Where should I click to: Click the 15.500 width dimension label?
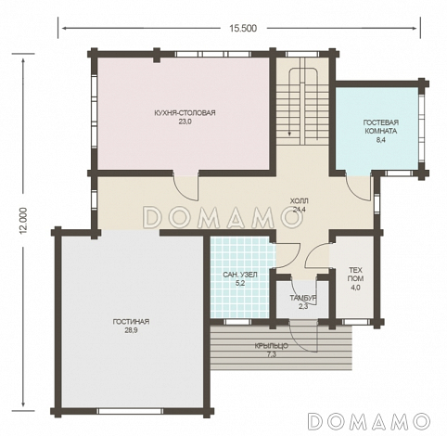point(243,29)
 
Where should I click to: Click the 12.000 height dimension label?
point(23,221)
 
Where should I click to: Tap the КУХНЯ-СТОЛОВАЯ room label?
point(185,113)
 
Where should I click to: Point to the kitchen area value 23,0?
point(185,122)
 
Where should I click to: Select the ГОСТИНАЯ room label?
point(131,322)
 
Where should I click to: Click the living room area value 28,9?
point(131,330)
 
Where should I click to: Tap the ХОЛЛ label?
point(299,201)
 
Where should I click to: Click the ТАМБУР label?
point(303,298)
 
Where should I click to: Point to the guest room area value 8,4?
point(380,140)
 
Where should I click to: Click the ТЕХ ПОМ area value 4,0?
point(355,288)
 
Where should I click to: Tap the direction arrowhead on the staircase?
point(289,134)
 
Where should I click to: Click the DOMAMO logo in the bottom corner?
point(369,420)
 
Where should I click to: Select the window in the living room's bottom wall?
point(130,411)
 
